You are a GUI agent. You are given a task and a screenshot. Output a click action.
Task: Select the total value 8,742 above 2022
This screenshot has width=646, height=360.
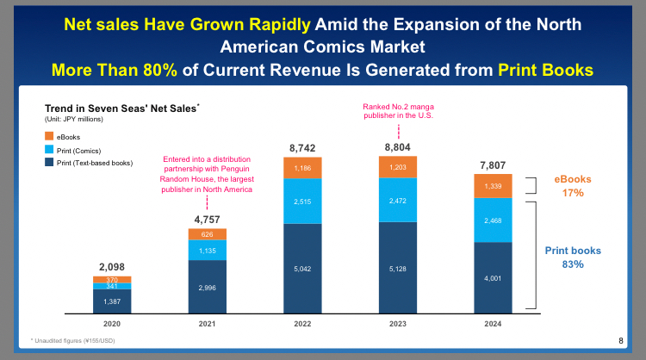point(303,148)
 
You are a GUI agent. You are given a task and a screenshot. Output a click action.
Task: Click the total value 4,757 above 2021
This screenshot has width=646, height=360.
point(208,219)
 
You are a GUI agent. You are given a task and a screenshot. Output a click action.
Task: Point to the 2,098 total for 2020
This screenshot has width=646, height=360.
point(112,266)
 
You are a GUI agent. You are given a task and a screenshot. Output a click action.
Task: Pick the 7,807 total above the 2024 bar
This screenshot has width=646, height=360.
point(493,164)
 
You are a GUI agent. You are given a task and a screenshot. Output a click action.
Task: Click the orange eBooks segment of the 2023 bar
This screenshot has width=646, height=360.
point(398,167)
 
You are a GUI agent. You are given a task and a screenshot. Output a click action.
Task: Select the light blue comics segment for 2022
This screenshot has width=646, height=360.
point(303,201)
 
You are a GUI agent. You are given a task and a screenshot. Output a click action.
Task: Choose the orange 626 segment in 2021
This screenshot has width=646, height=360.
point(208,233)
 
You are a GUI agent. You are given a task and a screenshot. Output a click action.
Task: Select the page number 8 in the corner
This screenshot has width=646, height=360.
point(620,341)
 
